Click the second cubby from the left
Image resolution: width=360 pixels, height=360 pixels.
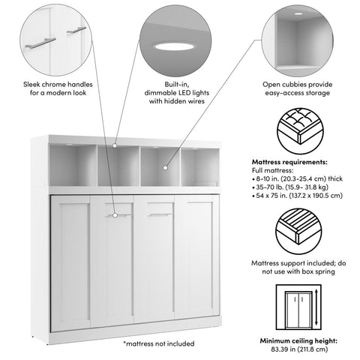point(114,166)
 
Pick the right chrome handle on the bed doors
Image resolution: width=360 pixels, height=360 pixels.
point(156,215)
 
